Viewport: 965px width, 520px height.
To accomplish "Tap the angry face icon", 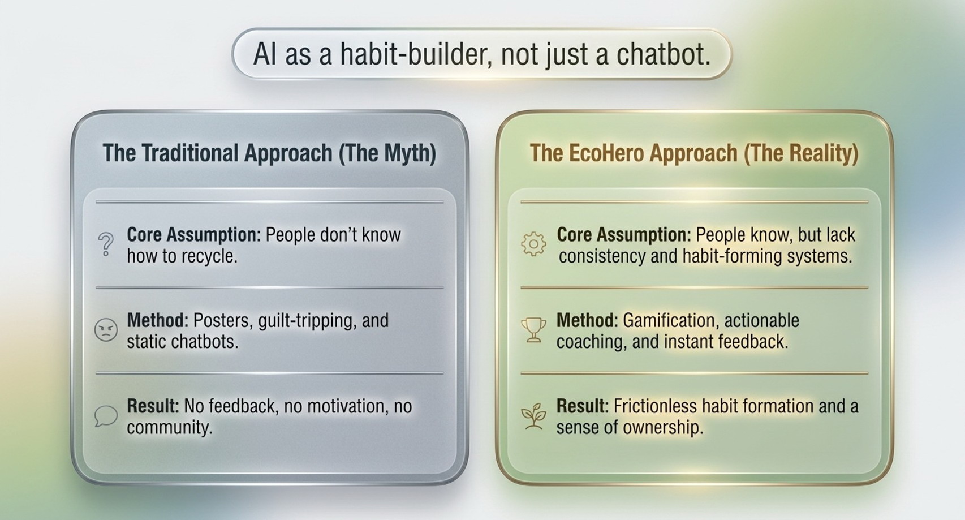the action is pyautogui.click(x=106, y=330).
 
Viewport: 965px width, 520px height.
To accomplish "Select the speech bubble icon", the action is pyautogui.click(x=106, y=416).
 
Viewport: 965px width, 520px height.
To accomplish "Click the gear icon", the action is pyautogui.click(x=533, y=244).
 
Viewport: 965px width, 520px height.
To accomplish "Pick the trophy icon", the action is pyautogui.click(x=534, y=330).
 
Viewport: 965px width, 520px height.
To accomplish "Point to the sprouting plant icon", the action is pyautogui.click(x=533, y=416).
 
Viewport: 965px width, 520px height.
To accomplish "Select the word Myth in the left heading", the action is pyautogui.click(x=407, y=153).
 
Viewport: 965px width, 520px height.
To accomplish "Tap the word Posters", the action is pyautogui.click(x=222, y=320).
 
